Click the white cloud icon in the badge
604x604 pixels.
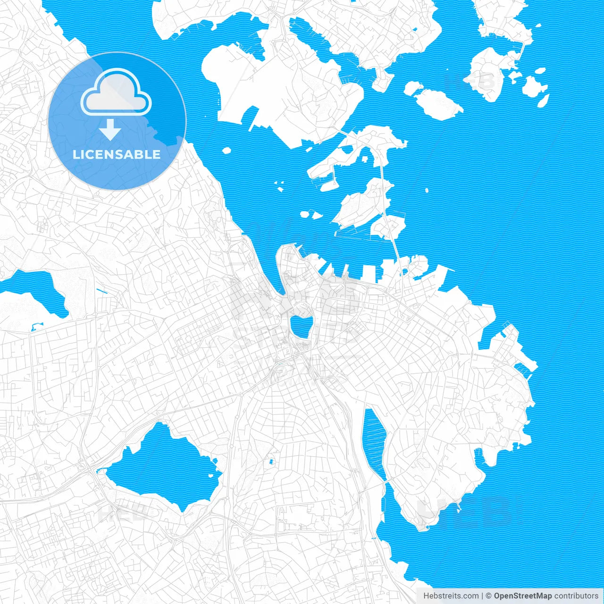[x=116, y=92]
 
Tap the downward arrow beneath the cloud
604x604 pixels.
[x=110, y=129]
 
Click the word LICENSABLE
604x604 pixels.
[x=117, y=154]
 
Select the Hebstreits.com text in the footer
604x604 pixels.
[x=451, y=596]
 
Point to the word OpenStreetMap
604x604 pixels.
[x=522, y=596]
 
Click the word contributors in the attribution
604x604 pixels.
[x=576, y=596]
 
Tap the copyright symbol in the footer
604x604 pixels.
[x=489, y=596]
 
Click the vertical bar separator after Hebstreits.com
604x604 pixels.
[x=482, y=596]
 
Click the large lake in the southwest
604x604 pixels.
[x=163, y=467]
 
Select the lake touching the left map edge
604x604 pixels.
[x=33, y=290]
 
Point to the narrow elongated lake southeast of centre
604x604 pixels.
[x=375, y=444]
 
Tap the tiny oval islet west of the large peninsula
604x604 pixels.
[x=226, y=151]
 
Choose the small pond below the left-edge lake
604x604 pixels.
[x=35, y=326]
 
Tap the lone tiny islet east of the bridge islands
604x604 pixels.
[x=427, y=191]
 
